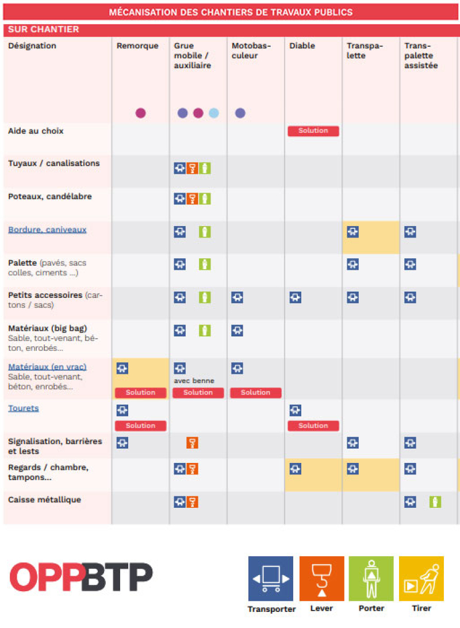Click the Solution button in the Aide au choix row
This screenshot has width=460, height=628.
point(313,131)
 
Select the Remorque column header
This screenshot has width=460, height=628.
point(137,46)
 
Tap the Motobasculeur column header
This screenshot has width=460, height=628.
point(251,51)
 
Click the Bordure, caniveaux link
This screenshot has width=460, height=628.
point(47,229)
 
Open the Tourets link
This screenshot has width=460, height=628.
point(23,408)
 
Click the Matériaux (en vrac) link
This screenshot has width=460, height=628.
point(47,367)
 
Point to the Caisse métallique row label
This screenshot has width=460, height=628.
point(44,500)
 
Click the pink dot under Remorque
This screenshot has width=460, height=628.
point(140,113)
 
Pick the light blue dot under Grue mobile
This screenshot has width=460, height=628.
point(214,113)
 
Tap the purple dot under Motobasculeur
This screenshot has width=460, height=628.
point(240,113)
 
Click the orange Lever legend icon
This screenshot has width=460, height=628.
point(321,579)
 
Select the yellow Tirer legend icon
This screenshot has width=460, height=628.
point(421,579)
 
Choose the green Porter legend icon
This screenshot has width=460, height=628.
point(371,579)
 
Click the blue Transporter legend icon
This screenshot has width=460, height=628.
point(271,579)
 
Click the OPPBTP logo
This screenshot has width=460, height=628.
point(81,577)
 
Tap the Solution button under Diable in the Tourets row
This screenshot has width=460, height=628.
point(313,426)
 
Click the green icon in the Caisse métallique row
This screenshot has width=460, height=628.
point(435,502)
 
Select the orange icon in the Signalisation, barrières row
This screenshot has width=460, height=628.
point(193,443)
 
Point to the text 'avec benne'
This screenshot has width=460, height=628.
point(194,381)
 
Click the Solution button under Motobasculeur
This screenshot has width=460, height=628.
point(255,393)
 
